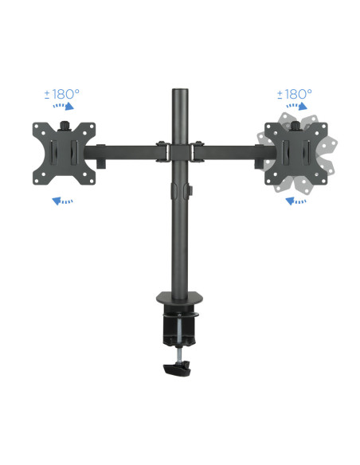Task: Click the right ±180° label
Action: (295, 95)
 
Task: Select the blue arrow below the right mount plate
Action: (295, 201)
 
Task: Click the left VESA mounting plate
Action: (63, 151)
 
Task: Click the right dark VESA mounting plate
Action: (297, 151)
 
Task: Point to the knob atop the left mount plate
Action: (63, 124)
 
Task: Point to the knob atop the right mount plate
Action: (297, 124)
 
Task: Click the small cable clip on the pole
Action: (190, 191)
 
